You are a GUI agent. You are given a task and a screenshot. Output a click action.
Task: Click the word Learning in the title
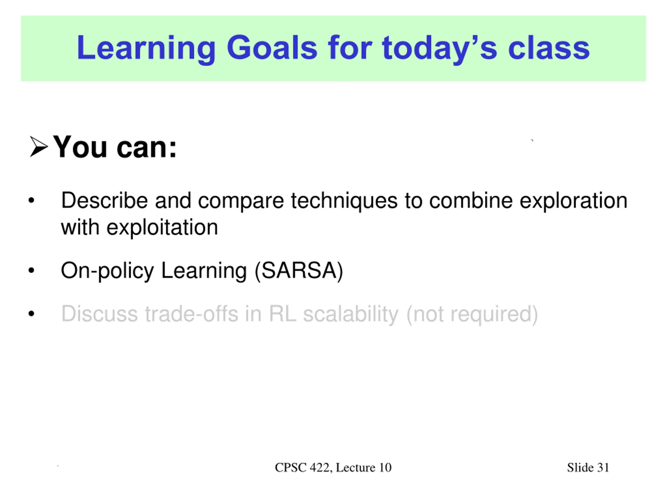(x=146, y=48)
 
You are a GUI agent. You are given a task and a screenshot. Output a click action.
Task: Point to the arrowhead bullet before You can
(x=39, y=147)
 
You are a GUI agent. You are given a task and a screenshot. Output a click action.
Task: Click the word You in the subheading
(x=80, y=147)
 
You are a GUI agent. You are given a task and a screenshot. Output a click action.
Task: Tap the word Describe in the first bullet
(x=104, y=201)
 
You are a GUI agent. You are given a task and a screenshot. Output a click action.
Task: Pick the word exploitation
(x=162, y=228)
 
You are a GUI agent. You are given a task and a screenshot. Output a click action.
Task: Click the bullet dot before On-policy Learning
(x=31, y=270)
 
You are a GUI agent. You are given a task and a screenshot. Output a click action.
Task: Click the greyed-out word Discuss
(x=100, y=314)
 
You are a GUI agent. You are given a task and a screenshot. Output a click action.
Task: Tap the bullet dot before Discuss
(x=31, y=314)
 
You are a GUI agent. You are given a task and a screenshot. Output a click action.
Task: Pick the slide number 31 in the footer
(x=603, y=467)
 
